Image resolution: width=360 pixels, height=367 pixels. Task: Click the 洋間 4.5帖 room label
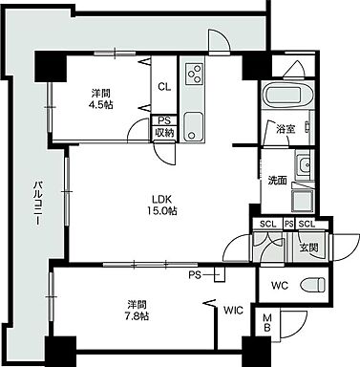point(101,99)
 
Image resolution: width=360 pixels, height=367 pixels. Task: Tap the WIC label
point(233,311)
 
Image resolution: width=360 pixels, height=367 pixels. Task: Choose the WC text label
point(280,286)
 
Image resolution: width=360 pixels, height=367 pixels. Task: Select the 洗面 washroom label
point(278,180)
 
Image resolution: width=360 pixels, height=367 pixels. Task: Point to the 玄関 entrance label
point(307,248)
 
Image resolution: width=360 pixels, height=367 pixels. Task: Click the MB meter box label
point(268,327)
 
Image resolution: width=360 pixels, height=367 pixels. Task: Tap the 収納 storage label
point(164,133)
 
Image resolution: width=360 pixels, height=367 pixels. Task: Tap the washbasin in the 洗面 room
point(305,168)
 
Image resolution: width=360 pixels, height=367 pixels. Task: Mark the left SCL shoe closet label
point(266,224)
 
